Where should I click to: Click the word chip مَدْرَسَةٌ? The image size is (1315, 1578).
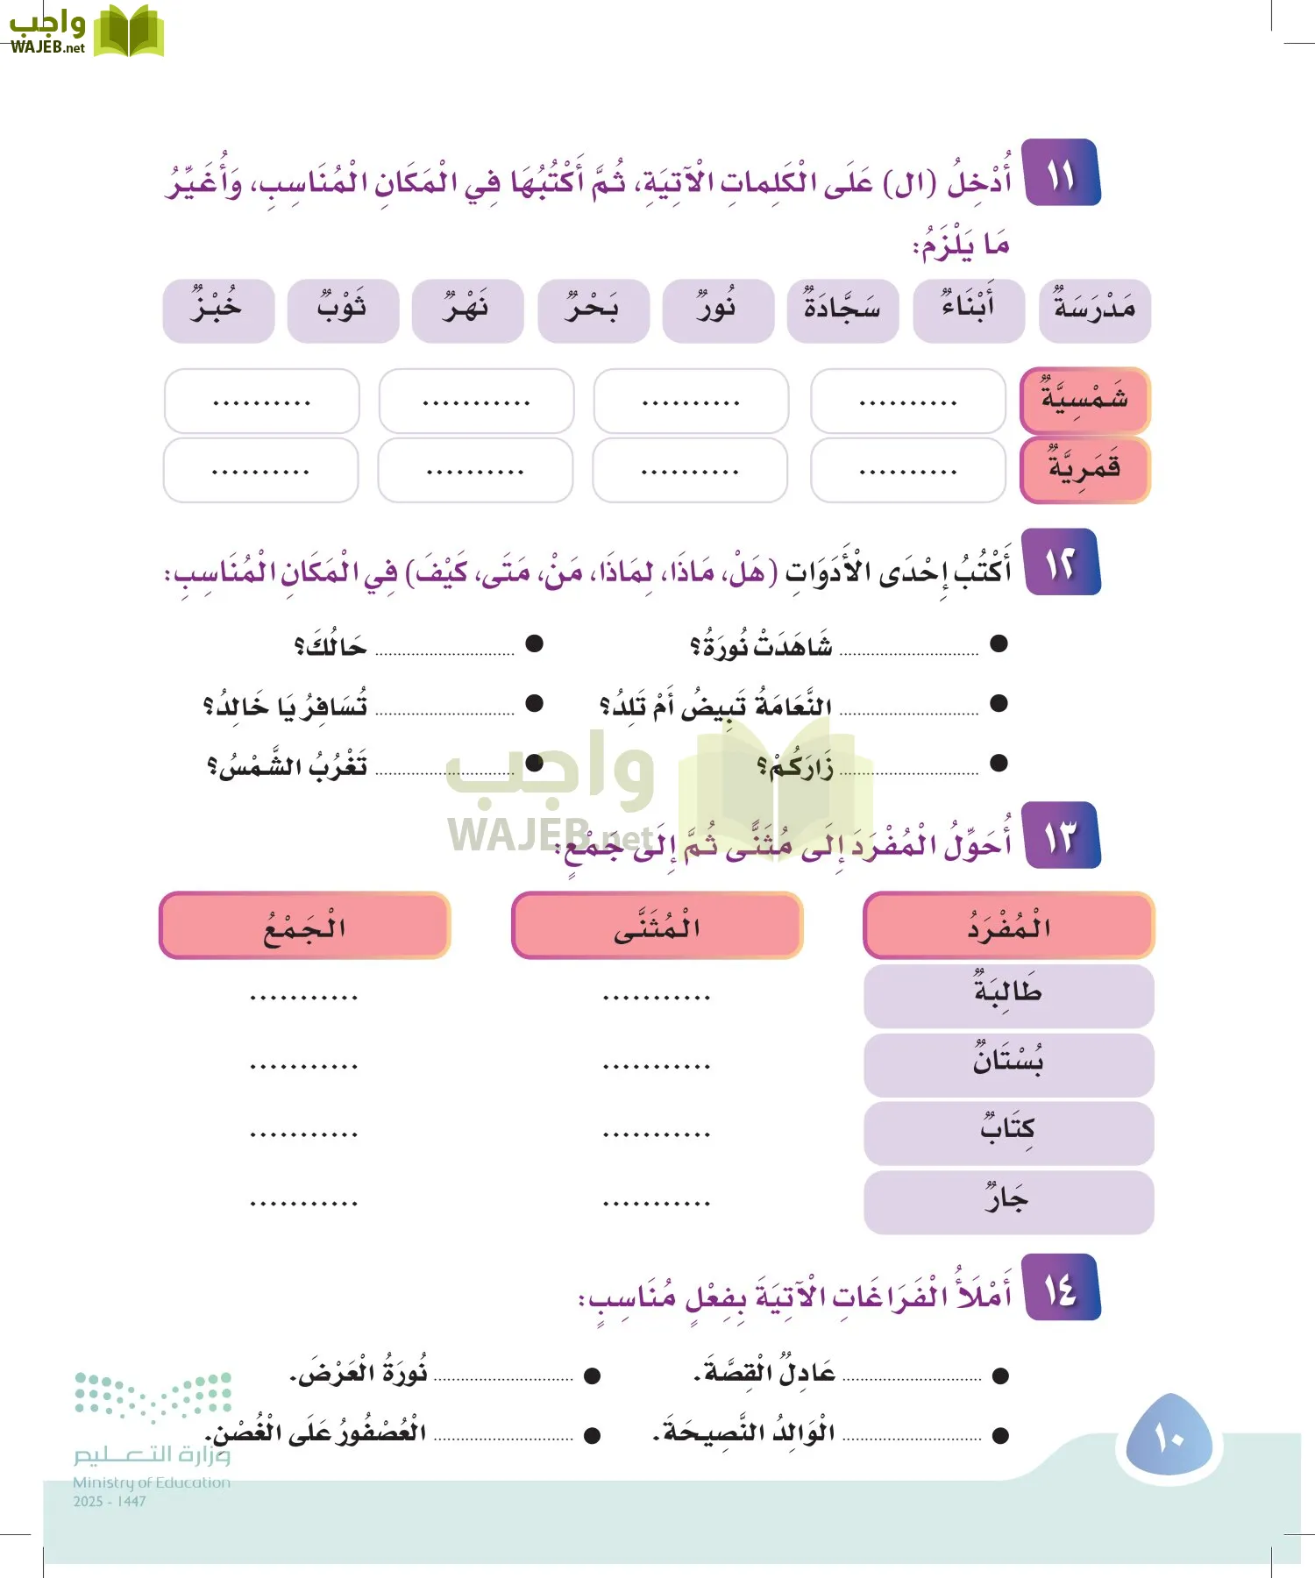1094,311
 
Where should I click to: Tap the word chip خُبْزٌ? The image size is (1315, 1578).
218,311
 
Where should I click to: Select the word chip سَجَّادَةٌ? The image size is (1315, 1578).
842,311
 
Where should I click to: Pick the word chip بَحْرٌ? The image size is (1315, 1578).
594,311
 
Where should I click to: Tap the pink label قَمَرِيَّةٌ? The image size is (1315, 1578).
1084,470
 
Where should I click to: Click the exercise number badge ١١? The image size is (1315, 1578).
1062,174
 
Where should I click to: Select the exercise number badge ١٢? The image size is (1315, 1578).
1062,563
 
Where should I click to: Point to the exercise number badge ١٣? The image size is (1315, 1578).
1062,835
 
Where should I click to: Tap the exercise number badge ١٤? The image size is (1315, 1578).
1062,1287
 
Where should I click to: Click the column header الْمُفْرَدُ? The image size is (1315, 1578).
1008,926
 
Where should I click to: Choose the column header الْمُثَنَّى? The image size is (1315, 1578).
657,926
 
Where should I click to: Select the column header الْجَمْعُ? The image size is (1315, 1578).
304,926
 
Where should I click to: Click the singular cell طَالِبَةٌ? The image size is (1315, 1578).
1008,996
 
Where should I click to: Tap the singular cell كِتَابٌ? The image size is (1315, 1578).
1008,1133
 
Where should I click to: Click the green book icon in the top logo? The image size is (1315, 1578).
128,32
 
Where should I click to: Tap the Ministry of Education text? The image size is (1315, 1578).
152,1482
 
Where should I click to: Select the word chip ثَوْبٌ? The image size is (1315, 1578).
343,311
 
